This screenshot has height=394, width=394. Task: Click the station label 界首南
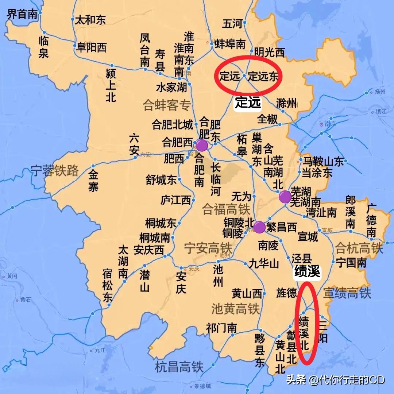click(x=22, y=14)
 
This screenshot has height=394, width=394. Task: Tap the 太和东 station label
click(x=90, y=20)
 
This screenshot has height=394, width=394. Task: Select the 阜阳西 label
click(x=91, y=47)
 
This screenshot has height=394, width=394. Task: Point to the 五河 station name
click(x=232, y=24)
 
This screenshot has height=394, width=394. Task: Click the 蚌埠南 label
click(x=230, y=44)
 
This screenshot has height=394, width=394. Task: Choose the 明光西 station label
click(x=269, y=53)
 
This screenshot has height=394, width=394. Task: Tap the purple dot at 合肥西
click(x=202, y=145)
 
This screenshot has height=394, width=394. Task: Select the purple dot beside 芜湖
click(x=285, y=197)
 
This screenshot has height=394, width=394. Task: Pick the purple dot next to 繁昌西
click(x=259, y=227)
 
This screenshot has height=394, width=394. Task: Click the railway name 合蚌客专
click(x=167, y=106)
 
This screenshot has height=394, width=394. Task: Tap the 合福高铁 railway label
click(x=226, y=209)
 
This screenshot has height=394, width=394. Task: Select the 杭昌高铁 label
click(x=179, y=367)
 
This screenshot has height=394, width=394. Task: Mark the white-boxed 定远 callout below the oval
click(x=248, y=103)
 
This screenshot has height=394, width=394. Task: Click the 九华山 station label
click(x=264, y=263)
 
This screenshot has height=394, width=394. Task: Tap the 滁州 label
click(x=287, y=103)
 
